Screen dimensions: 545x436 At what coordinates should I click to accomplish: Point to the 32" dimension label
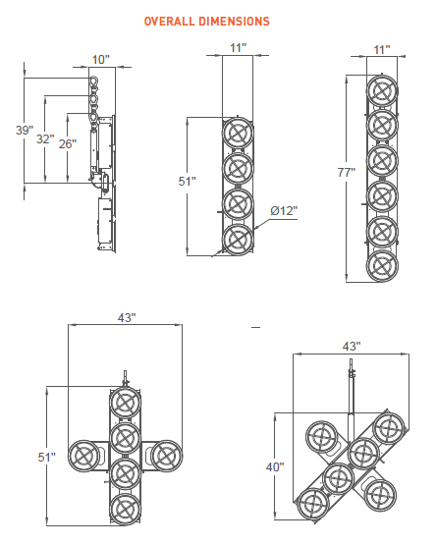click(x=45, y=139)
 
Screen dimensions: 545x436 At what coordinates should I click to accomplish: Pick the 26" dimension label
click(x=68, y=143)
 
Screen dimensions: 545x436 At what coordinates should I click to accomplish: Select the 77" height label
click(x=345, y=173)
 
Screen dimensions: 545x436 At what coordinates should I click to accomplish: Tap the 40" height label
click(x=275, y=466)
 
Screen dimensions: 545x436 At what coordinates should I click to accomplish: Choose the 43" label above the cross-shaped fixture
click(x=126, y=317)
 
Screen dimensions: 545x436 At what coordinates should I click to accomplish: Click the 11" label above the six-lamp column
click(x=381, y=48)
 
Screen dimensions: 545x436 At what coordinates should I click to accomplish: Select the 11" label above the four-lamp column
click(x=237, y=48)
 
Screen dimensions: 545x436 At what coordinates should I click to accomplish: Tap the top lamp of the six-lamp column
click(x=381, y=92)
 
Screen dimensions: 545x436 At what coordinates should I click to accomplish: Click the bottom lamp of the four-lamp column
click(x=237, y=240)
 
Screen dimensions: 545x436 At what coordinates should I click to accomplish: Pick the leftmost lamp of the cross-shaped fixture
click(x=83, y=457)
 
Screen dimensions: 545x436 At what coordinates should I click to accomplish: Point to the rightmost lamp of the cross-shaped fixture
click(x=167, y=457)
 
